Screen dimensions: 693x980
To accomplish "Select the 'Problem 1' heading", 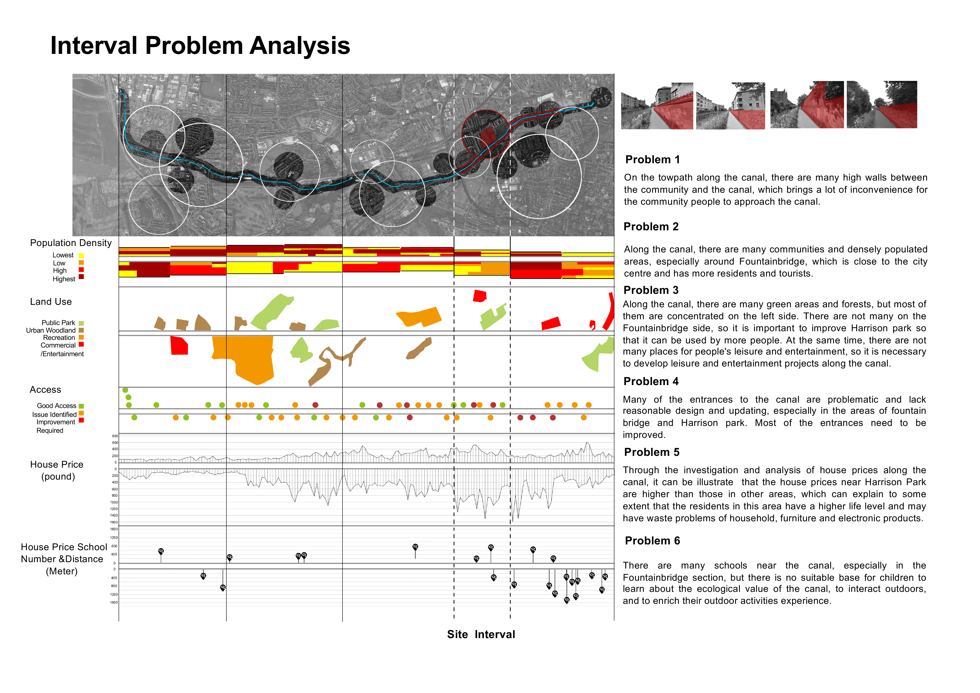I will point(652,160).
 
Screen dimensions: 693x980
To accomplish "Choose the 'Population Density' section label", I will point(71,243).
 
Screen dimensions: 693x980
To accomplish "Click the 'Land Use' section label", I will point(51,302).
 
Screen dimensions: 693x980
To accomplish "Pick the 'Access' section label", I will point(45,390).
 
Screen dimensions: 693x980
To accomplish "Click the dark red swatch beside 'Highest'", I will point(81,277).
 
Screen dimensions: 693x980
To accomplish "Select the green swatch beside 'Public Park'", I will point(81,323).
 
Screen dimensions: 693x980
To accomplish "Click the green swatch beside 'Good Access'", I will point(81,406).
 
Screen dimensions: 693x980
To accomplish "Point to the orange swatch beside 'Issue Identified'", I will point(81,413).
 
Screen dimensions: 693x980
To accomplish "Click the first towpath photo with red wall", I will point(657,106).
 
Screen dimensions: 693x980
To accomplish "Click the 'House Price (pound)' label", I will point(57,470).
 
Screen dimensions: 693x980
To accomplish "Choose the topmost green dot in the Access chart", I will point(125,390).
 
